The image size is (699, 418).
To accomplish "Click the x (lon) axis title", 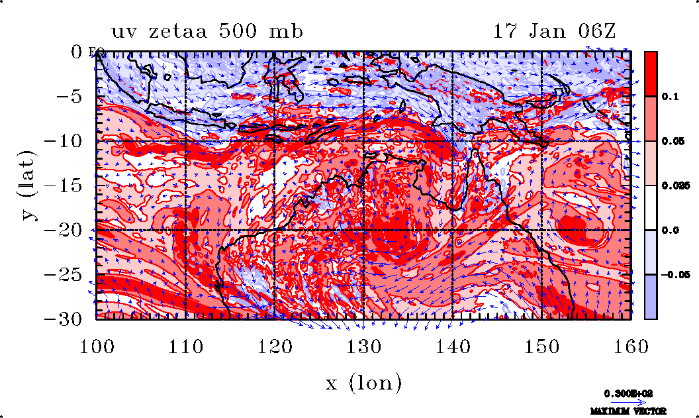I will pyautogui.click(x=363, y=382).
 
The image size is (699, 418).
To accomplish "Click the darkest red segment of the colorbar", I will pyautogui.click(x=651, y=74).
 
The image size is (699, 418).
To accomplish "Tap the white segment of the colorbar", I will pyautogui.click(x=651, y=207).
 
